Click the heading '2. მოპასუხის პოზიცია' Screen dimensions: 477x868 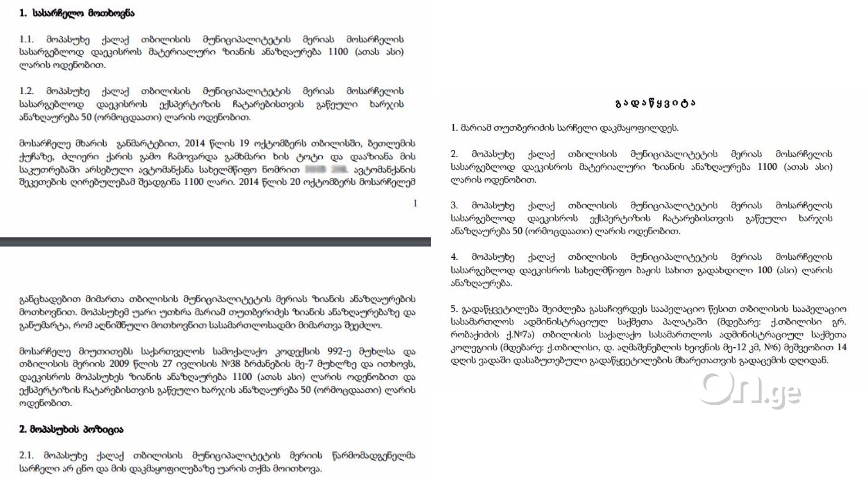tap(71, 429)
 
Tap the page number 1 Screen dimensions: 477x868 tap(415, 203)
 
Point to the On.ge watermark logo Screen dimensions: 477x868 tap(750, 390)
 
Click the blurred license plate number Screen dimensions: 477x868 tap(326, 170)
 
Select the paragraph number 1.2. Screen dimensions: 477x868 tap(26, 91)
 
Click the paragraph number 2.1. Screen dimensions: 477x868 tap(26, 455)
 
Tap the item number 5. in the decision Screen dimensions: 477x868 tap(454, 309)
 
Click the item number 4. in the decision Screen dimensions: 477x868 tap(454, 257)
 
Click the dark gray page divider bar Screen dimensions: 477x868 tap(215, 241)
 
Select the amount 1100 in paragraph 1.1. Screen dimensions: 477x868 tap(338, 52)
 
